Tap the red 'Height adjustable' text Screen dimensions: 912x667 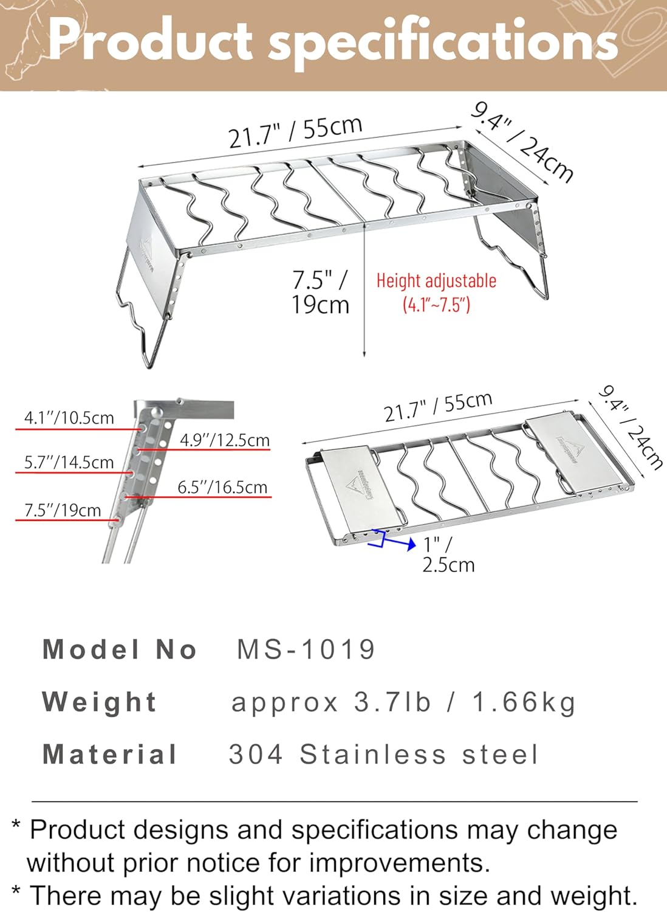[x=436, y=281]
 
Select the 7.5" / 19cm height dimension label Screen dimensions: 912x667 [x=321, y=292]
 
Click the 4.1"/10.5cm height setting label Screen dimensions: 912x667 [x=69, y=418]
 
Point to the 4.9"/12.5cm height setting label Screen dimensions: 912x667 [x=224, y=440]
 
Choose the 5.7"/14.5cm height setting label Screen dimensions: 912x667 [x=69, y=462]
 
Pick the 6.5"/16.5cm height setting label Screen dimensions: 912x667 [x=222, y=487]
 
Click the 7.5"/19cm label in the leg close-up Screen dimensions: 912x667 [x=63, y=510]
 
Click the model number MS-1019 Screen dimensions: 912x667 [x=306, y=649]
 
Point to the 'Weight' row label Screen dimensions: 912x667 [x=100, y=702]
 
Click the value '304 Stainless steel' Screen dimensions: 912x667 [x=383, y=755]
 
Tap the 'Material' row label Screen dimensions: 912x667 [x=110, y=755]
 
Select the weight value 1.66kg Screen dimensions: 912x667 [x=524, y=702]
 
